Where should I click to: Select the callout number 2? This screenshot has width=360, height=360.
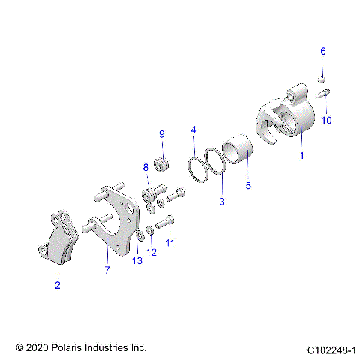pyautogui.click(x=57, y=285)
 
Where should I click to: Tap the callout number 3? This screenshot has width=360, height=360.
pyautogui.click(x=221, y=201)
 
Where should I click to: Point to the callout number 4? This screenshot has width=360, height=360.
pyautogui.click(x=193, y=130)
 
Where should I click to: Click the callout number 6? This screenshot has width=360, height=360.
pyautogui.click(x=323, y=51)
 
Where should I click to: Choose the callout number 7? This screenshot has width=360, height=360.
pyautogui.click(x=106, y=269)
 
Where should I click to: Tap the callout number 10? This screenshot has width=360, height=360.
pyautogui.click(x=326, y=120)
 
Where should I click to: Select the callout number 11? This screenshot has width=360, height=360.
pyautogui.click(x=170, y=243)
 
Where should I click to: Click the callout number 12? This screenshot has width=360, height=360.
pyautogui.click(x=152, y=252)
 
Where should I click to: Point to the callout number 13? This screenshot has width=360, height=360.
pyautogui.click(x=136, y=260)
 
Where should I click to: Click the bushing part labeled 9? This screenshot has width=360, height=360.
pyautogui.click(x=160, y=163)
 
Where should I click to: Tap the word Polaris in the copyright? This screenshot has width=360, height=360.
pyautogui.click(x=70, y=349)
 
